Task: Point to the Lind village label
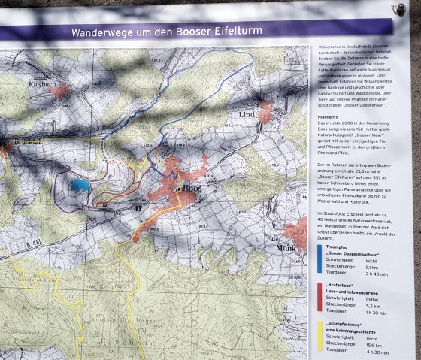(247, 114)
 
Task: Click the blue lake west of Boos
(80, 183)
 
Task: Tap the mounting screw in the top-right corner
(399, 9)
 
